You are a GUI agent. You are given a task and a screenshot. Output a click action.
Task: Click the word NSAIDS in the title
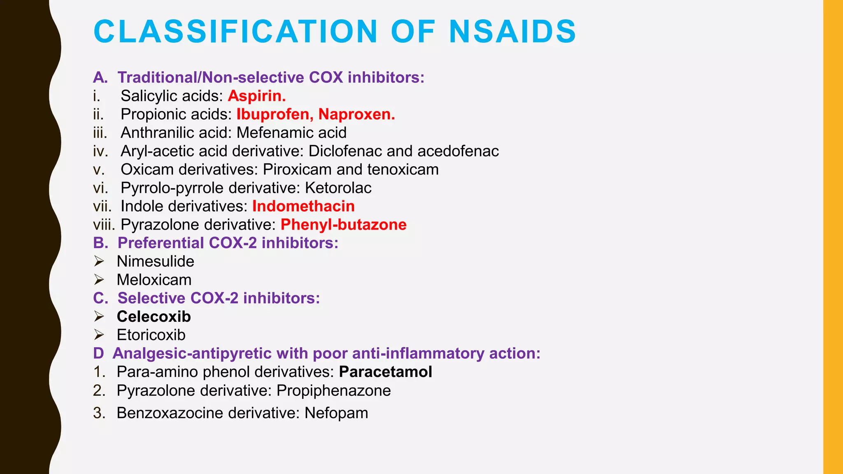pos(512,32)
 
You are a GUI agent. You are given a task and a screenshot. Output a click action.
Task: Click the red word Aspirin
pos(256,96)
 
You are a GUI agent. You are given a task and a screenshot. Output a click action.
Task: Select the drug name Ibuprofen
pos(272,114)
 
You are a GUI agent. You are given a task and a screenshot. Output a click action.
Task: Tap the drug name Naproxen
pos(356,114)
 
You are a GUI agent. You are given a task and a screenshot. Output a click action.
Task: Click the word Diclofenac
pos(345,151)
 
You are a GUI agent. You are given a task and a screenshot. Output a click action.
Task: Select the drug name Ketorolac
pos(338,188)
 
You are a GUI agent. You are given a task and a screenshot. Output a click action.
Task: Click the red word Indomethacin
pos(303,206)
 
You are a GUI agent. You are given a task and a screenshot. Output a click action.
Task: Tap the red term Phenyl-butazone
pos(343,225)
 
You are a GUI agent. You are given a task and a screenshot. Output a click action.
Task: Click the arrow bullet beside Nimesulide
pos(99,261)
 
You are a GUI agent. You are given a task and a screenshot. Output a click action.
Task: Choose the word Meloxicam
pos(154,280)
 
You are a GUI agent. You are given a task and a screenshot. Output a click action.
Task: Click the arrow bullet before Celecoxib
pos(99,316)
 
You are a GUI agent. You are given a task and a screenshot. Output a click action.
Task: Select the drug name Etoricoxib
pos(151,335)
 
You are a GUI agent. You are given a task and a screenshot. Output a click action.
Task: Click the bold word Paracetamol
pos(385,372)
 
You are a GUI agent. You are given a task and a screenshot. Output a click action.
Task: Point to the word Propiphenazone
pos(333,390)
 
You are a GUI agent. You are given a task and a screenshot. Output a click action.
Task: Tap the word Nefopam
pos(336,413)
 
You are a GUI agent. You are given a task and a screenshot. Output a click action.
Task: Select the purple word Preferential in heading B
pos(161,243)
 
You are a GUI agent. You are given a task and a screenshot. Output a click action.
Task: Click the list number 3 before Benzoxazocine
pos(99,413)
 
